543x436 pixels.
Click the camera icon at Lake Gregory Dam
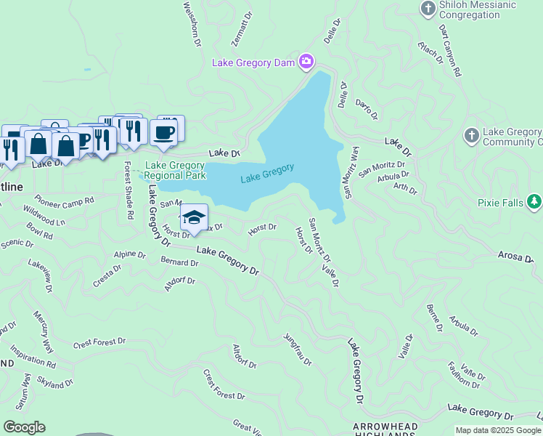coord(306,61)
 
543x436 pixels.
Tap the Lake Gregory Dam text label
coord(253,62)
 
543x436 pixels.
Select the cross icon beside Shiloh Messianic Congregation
coord(428,8)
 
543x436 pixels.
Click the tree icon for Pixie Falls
coord(535,201)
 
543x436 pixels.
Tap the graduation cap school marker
coord(194,217)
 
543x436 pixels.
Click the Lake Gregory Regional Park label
coord(175,170)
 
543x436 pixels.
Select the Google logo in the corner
coord(23,427)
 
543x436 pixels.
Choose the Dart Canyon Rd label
coord(451,50)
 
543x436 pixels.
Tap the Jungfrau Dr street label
coord(298,350)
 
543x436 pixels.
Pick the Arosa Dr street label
coord(516,254)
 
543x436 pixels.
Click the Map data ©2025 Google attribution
coord(498,430)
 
